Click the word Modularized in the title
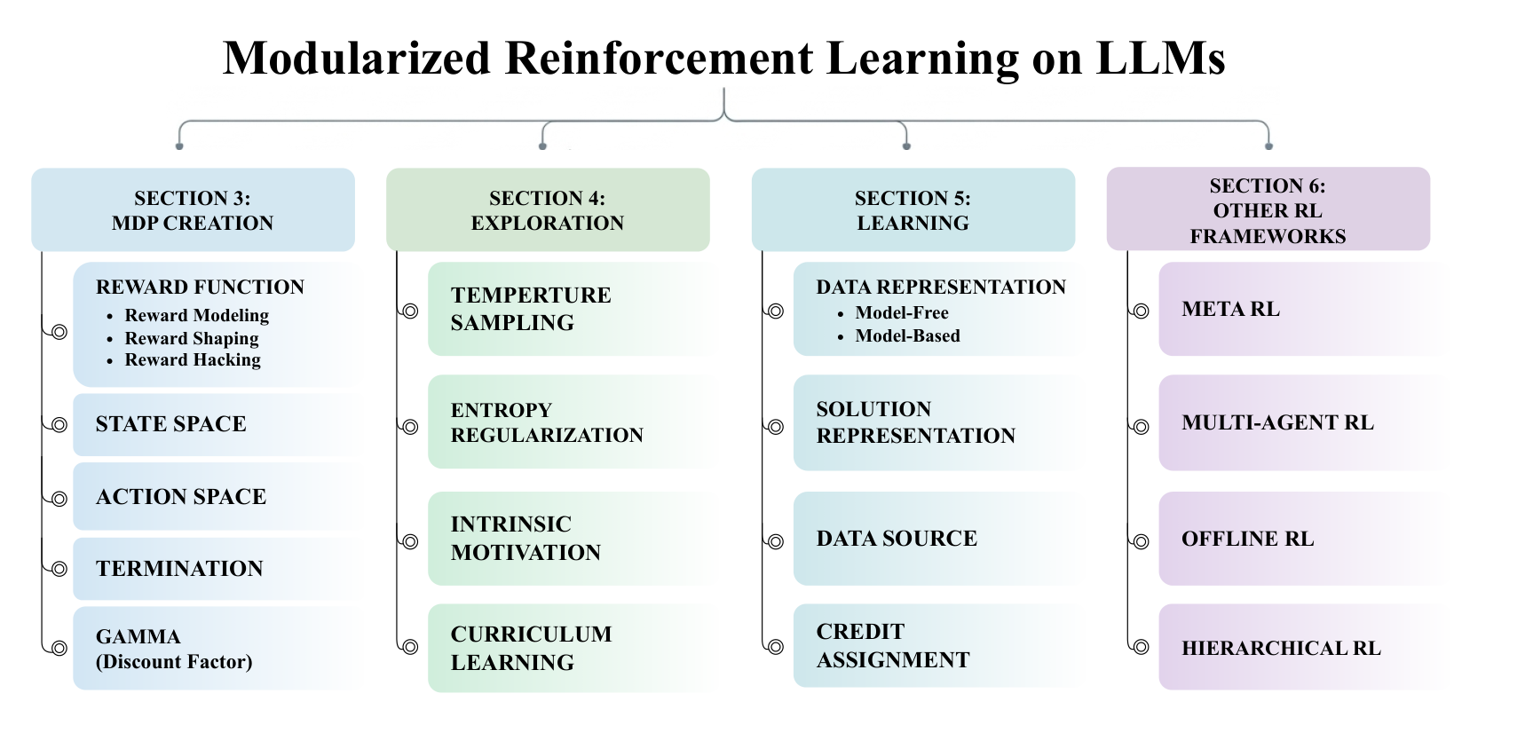click(357, 59)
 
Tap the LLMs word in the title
click(1160, 59)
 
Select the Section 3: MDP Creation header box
click(193, 210)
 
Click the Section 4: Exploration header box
click(548, 210)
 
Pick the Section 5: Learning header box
click(913, 210)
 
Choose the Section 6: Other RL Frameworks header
click(1268, 209)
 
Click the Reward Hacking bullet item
click(193, 360)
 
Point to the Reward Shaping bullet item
click(192, 338)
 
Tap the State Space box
click(217, 424)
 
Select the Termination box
click(217, 569)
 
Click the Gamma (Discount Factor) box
click(217, 649)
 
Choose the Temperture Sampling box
click(572, 309)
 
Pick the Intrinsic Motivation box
click(572, 539)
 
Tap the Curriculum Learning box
click(572, 648)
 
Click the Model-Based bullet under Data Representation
click(898, 336)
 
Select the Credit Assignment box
click(937, 646)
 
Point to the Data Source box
click(937, 539)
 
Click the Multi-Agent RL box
click(1302, 422)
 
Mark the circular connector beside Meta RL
click(1142, 311)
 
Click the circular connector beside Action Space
click(59, 499)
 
